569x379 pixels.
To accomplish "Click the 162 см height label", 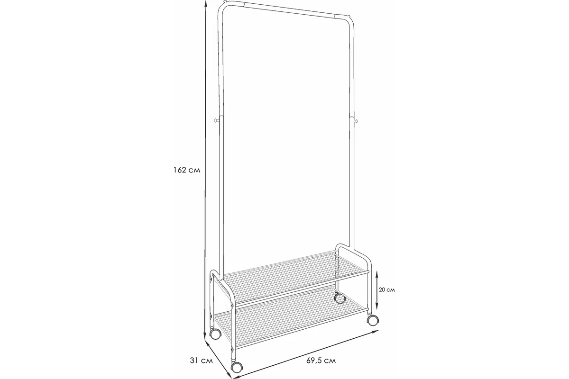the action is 187,170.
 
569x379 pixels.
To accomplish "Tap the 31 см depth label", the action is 201,361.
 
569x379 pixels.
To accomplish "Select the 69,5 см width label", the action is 321,361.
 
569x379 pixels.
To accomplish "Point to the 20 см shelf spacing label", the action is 387,289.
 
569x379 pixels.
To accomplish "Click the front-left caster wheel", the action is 237,367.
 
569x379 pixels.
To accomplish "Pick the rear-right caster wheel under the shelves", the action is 340,298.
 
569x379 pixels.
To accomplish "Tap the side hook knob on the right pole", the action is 356,120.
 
